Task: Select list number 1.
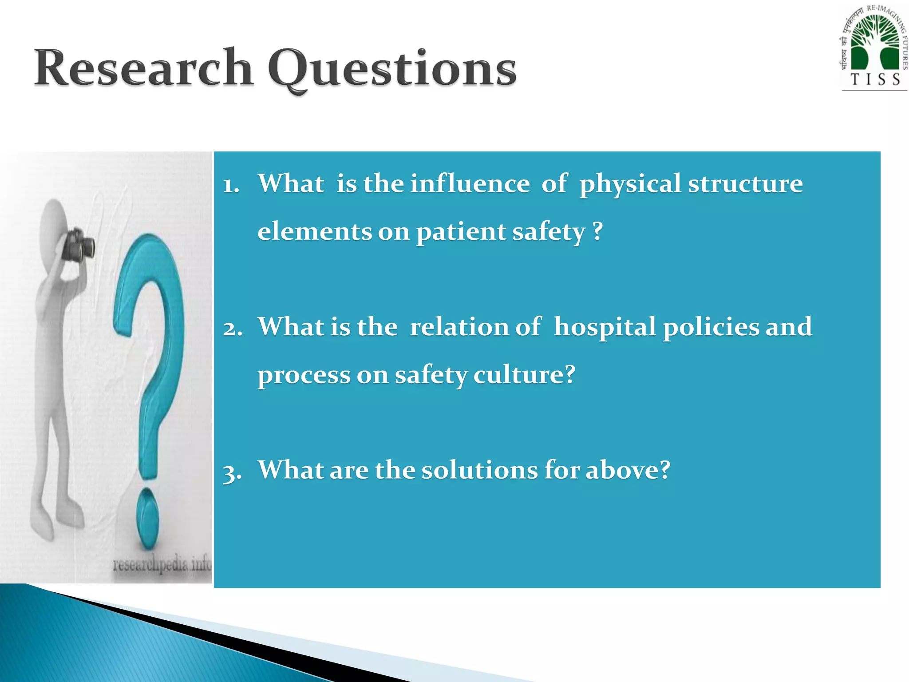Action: coord(231,185)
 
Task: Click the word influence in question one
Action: coord(470,183)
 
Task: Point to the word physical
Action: coord(630,184)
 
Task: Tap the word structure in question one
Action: coord(745,183)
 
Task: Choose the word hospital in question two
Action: coord(605,327)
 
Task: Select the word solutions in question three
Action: coord(479,470)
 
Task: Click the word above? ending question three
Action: coord(628,470)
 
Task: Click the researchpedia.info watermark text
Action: coord(162,565)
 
